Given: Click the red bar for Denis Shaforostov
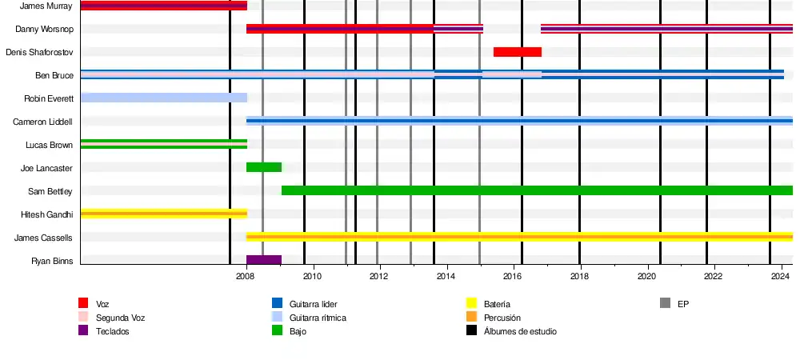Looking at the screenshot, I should point(517,52).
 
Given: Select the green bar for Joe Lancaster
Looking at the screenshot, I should point(263,167).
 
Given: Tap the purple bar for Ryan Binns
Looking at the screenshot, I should point(263,260).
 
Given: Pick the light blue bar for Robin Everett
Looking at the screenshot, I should point(163,98).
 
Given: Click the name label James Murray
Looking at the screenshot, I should point(46,6).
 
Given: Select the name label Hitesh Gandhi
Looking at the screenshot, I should point(46,214).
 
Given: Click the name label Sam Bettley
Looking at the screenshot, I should point(50,191).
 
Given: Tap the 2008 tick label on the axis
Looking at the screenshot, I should point(246,276).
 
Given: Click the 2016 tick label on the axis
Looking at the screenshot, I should point(512,276).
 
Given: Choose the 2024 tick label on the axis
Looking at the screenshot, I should point(779,276).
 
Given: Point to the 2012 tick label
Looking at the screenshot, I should point(378,276).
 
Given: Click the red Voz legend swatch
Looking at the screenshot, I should point(83,303).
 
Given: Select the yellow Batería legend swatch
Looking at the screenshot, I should point(471,303).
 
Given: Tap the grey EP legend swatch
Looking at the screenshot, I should point(665,303).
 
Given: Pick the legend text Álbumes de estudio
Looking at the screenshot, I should point(520,331).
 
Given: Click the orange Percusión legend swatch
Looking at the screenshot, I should point(471,317).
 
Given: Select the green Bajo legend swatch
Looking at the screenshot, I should point(277,330).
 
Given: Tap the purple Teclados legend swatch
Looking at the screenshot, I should point(83,330).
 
